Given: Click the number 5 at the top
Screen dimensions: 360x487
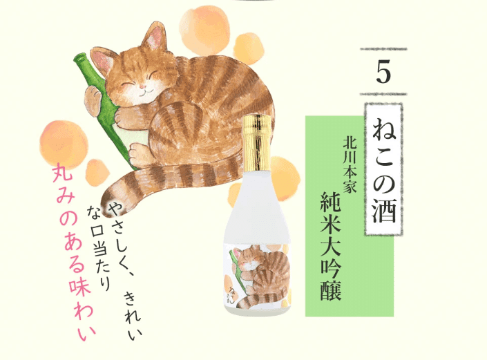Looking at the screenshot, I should [383, 72].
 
